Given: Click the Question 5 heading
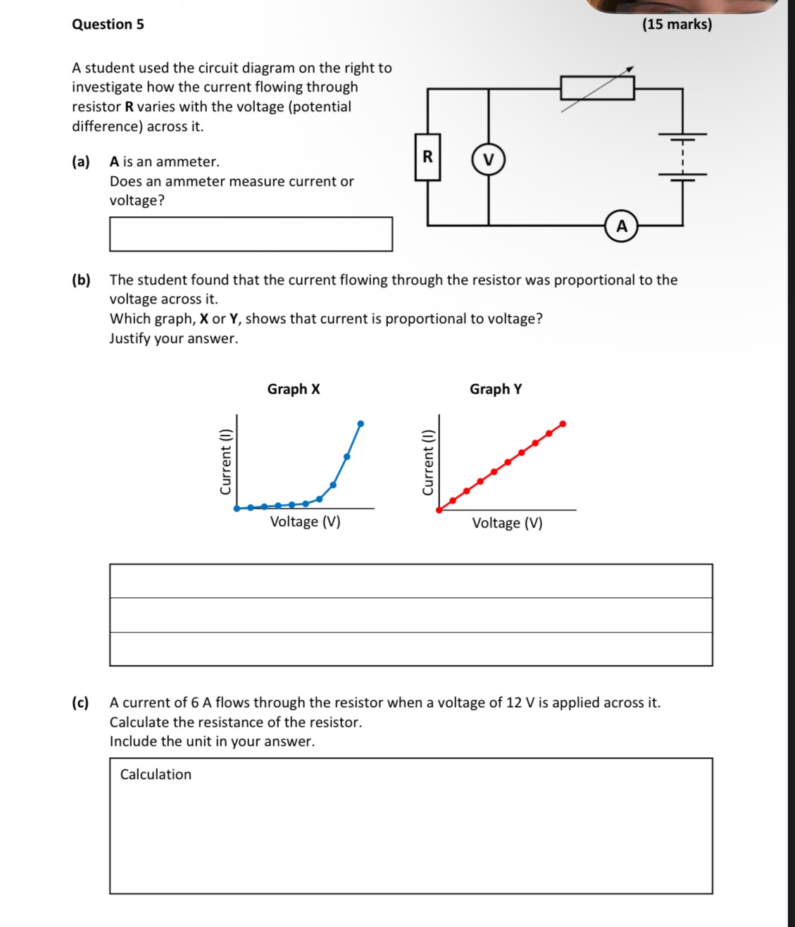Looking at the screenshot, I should pos(108,24).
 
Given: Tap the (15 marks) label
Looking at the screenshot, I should pos(677,24).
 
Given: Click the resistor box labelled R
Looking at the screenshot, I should pos(427,157).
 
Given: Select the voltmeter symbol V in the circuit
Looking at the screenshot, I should pos(489,159).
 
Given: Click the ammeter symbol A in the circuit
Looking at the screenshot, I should pos(621,226).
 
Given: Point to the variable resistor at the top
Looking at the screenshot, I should pos(597,88).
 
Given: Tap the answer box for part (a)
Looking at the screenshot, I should pos(251,234).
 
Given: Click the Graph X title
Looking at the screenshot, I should pos(294,389).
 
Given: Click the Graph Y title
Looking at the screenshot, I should pos(496,389).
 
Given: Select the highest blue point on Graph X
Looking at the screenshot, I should pos(361,423).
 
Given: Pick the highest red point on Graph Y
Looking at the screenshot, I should pos(563,423).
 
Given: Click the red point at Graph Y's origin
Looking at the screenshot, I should pos(439,509).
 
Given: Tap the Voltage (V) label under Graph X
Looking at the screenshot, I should pos(305,522).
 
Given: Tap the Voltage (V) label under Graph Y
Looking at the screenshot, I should pos(507,523).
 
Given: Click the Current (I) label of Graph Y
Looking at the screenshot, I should pos(427,462).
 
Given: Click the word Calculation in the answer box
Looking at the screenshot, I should pos(156,774).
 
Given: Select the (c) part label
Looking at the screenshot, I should pos(81,702).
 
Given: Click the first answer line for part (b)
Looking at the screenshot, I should pos(411,581).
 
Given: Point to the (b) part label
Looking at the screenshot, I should pos(81,280).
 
